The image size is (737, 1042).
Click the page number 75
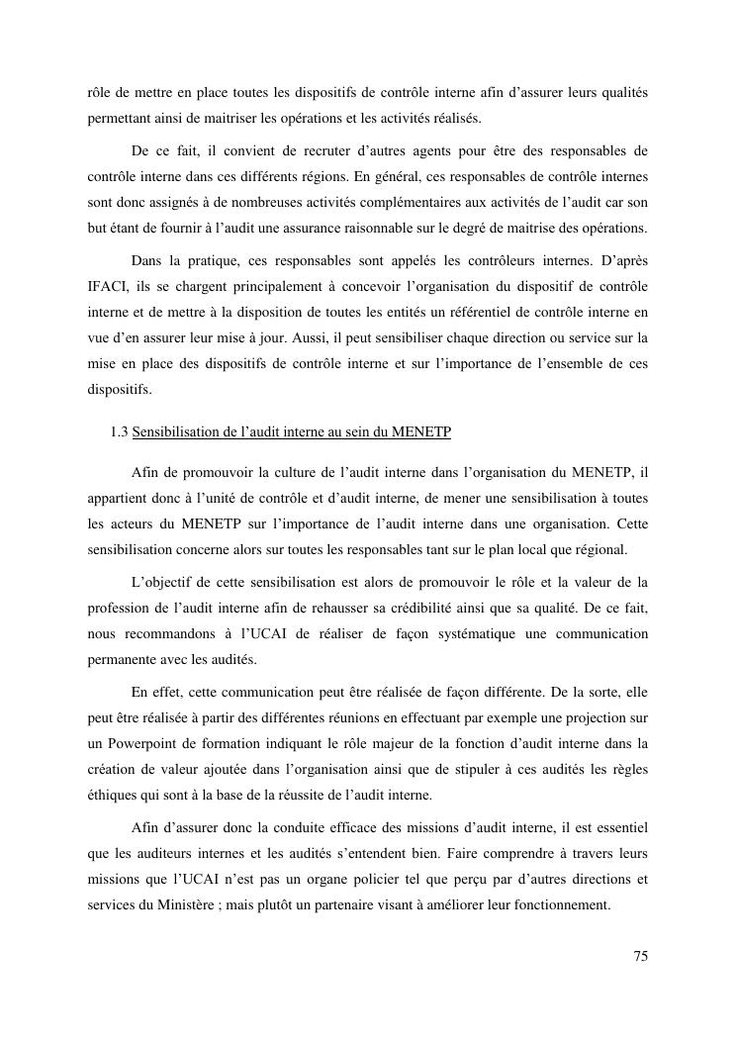click(640, 956)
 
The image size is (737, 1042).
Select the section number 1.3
click(120, 431)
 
